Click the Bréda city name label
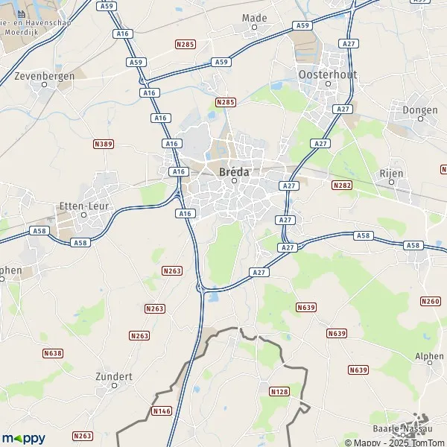click(x=233, y=171)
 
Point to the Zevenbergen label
click(x=44, y=74)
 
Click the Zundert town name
click(x=114, y=376)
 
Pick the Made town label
click(x=255, y=17)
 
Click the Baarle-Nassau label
click(x=403, y=429)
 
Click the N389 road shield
click(x=104, y=143)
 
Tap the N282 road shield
click(x=342, y=185)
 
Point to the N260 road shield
click(x=430, y=301)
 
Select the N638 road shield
click(x=53, y=353)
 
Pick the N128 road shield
click(x=279, y=391)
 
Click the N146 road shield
click(x=162, y=410)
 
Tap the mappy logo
click(x=23, y=438)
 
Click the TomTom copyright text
click(x=419, y=443)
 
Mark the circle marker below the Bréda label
click(x=233, y=180)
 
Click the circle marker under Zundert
click(x=114, y=386)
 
